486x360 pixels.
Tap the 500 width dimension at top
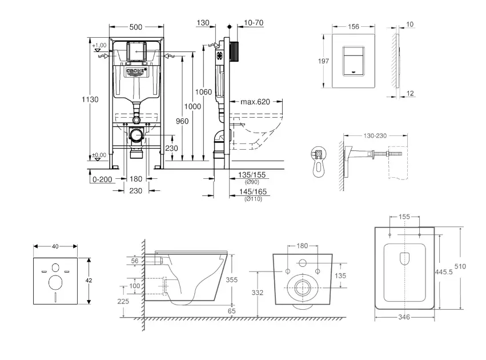135,27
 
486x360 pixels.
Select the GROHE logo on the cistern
135,71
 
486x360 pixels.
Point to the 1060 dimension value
203,92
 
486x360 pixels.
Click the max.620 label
255,102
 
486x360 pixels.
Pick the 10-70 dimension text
253,23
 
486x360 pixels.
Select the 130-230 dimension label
375,135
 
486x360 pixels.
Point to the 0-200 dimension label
101,179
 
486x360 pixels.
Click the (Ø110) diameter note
252,199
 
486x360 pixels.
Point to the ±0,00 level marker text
99,154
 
